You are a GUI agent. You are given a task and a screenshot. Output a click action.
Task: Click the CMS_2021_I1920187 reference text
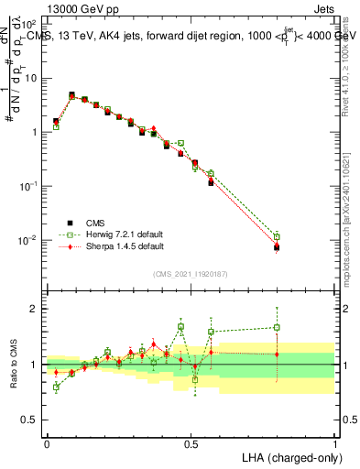click(191, 274)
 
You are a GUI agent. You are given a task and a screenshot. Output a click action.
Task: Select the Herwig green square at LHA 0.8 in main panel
click(277, 235)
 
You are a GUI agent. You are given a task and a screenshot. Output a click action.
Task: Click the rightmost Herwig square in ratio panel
click(277, 327)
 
